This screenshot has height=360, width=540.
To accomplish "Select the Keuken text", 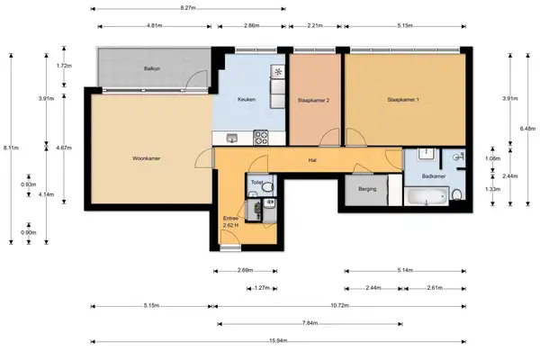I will coord(247,99).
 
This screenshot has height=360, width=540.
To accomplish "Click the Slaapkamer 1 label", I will coord(403,99).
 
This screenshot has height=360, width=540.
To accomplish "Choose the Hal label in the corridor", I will coord(311,160).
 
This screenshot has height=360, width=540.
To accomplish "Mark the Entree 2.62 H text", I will coord(231,220).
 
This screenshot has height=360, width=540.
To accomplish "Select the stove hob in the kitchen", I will coord(262,138).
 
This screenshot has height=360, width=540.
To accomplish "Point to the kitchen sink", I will coord(232,138).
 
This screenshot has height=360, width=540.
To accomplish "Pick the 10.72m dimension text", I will coord(340,306).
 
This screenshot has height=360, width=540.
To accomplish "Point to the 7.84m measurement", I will coord(309,323).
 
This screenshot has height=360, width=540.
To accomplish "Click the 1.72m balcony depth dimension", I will coord(63,67).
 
